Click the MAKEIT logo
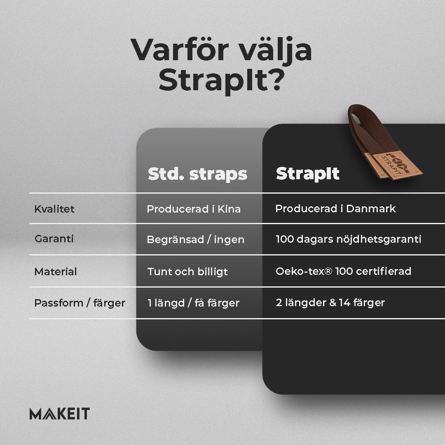tap(60, 414)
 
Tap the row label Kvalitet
tap(54, 209)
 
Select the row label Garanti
tap(54, 239)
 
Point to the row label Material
tap(56, 272)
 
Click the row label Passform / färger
tap(80, 303)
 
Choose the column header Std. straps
tap(197, 174)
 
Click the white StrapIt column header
tap(308, 173)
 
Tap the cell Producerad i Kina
tap(194, 209)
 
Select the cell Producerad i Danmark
tap(335, 208)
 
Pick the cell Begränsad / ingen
tap(196, 239)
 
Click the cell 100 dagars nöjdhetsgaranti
tap(349, 239)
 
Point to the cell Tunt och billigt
tap(187, 272)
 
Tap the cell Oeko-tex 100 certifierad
tap(343, 271)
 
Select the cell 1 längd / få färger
tap(194, 303)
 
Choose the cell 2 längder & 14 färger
tap(330, 302)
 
